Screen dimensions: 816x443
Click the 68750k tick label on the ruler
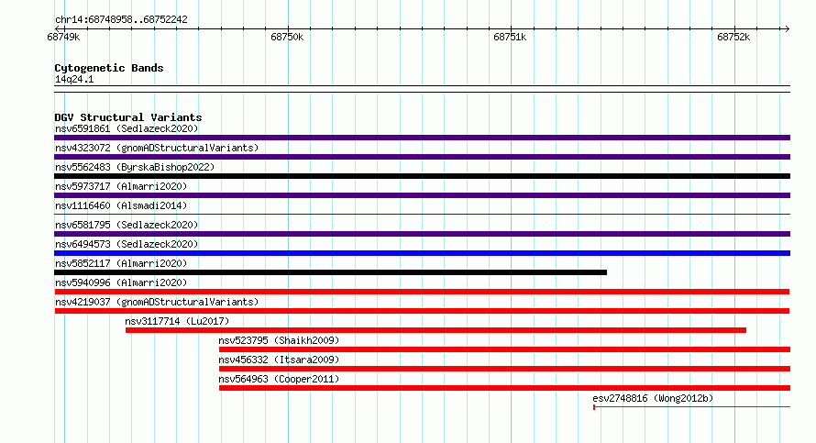click(x=287, y=37)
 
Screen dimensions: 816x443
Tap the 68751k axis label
click(x=510, y=37)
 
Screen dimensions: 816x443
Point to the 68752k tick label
click(x=733, y=37)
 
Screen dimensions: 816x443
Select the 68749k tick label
click(x=63, y=37)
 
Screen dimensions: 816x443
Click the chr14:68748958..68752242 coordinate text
click(x=121, y=20)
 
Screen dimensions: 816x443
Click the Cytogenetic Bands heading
click(x=109, y=68)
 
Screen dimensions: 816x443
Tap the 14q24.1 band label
click(x=74, y=80)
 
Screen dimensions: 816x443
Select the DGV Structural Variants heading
click(x=128, y=117)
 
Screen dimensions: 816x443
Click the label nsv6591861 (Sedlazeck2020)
click(x=127, y=129)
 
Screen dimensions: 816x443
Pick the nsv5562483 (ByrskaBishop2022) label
click(x=135, y=168)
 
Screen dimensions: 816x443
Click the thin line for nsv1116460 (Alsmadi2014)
click(x=422, y=215)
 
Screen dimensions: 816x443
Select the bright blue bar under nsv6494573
click(x=422, y=253)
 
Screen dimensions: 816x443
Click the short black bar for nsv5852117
click(x=330, y=272)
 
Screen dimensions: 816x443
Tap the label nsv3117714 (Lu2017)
click(x=177, y=322)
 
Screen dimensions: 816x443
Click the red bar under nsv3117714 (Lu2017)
click(x=436, y=330)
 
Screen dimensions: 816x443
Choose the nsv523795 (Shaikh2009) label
click(x=279, y=341)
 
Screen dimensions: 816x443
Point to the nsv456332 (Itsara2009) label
click(x=279, y=360)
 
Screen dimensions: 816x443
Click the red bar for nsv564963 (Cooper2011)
click(x=504, y=388)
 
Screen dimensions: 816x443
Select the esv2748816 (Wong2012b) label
click(x=653, y=399)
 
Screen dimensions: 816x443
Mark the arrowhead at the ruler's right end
click(x=788, y=29)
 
